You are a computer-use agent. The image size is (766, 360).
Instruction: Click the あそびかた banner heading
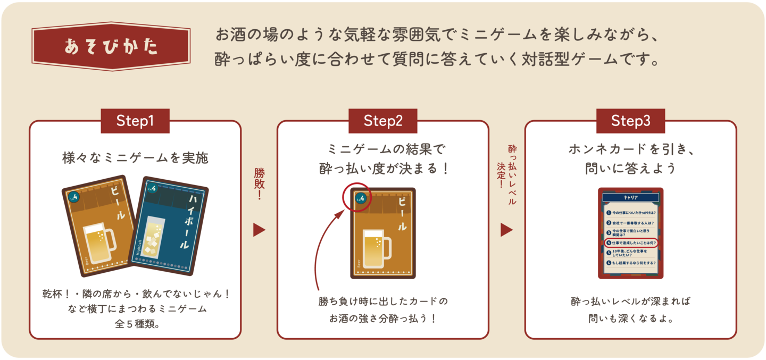111,46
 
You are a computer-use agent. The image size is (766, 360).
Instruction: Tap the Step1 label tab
135,121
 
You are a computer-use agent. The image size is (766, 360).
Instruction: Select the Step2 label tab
382,121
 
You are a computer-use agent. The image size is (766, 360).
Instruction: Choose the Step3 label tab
630,121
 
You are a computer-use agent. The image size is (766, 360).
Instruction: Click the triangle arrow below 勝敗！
259,230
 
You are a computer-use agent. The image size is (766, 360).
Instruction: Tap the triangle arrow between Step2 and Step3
506,230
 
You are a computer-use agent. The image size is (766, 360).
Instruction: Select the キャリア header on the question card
630,197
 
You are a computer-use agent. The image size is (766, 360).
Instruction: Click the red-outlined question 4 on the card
631,242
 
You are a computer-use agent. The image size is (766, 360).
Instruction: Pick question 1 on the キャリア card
631,213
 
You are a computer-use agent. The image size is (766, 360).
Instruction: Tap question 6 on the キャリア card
631,263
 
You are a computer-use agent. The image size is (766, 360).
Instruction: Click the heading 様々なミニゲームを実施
135,158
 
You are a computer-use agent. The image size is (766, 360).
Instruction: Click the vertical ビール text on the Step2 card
402,212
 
